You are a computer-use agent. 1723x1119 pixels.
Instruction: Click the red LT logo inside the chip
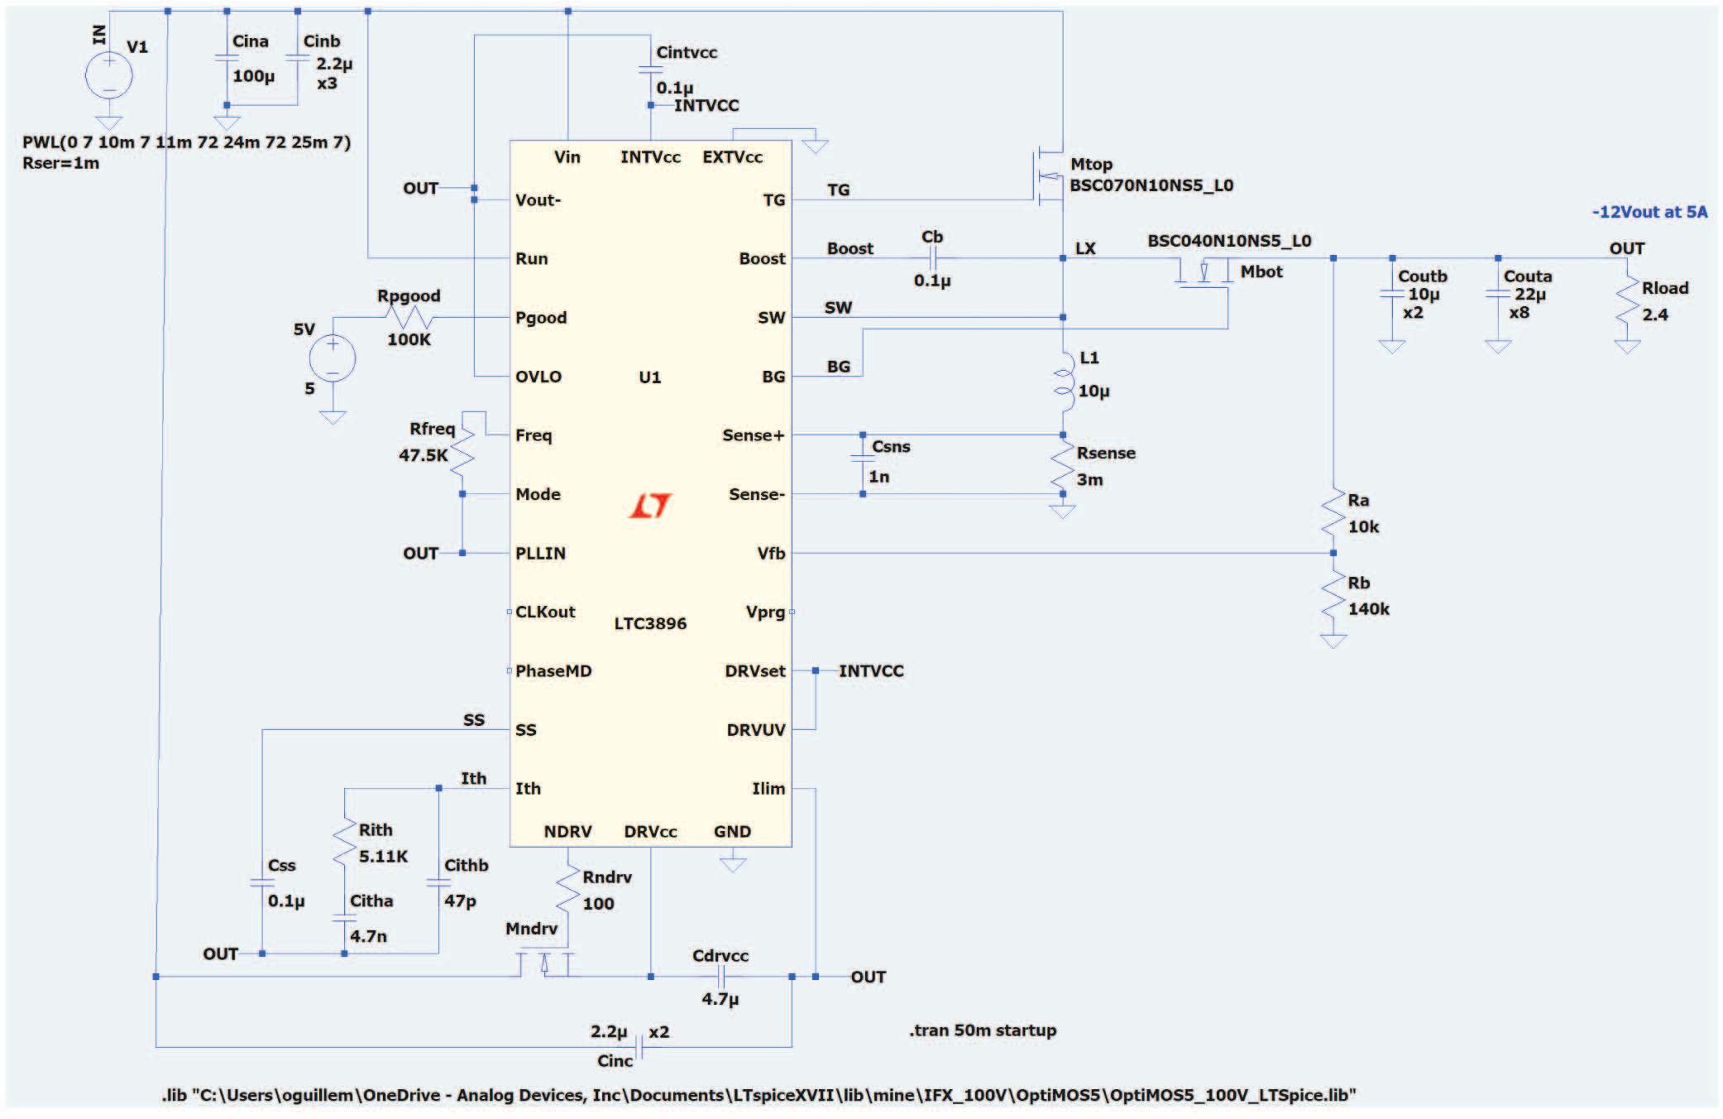click(650, 506)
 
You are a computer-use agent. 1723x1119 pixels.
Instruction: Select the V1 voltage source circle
click(108, 74)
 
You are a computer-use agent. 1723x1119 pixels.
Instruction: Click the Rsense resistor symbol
click(1062, 465)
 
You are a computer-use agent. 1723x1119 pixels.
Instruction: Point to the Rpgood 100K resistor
click(409, 317)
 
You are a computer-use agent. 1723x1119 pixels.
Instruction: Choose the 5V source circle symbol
click(333, 359)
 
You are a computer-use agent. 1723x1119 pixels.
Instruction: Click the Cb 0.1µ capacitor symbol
click(932, 258)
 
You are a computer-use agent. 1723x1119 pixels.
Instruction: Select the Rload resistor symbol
click(1627, 301)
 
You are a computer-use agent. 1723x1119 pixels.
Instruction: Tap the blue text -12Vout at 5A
click(1649, 212)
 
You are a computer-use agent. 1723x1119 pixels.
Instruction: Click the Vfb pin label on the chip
click(771, 553)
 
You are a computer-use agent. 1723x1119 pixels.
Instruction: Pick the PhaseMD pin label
click(553, 670)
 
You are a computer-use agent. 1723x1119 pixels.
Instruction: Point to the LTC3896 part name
click(650, 623)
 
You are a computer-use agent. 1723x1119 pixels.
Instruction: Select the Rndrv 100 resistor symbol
click(568, 891)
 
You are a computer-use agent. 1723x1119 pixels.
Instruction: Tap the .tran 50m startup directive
click(983, 1030)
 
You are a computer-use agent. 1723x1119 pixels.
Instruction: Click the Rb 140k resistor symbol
click(1333, 596)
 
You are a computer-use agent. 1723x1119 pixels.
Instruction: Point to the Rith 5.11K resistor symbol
click(345, 843)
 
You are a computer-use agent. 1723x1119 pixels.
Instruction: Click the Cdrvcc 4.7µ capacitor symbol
click(720, 977)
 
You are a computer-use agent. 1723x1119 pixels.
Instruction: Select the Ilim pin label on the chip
click(768, 789)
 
